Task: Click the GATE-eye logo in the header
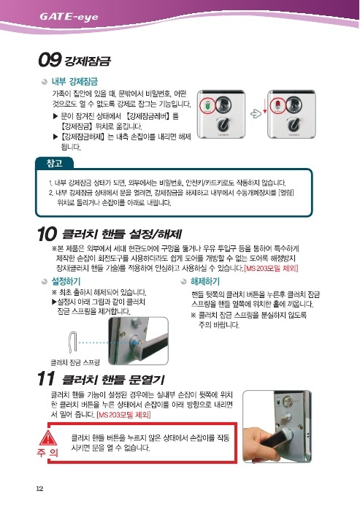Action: point(69,16)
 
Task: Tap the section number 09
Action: point(50,60)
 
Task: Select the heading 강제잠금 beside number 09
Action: point(88,61)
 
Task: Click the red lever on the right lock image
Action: point(277,104)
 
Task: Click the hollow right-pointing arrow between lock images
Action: point(256,114)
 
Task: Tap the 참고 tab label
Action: point(55,163)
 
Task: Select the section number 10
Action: point(47,234)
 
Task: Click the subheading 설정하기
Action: point(66,281)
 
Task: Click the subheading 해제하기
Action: point(205,281)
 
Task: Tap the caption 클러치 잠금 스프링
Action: point(75,362)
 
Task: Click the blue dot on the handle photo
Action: point(134,343)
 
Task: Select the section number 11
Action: point(46,379)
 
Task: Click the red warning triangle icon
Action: point(48,438)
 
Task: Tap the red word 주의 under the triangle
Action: point(47,453)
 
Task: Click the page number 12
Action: point(39,489)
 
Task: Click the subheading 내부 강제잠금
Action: point(74,81)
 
